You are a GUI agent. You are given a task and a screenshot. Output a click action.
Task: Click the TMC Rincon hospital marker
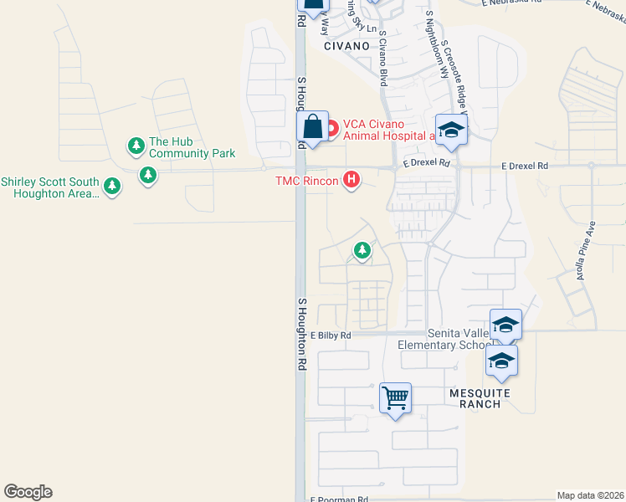[x=352, y=180]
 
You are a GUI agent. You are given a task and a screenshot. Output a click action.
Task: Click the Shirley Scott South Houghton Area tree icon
[x=111, y=186]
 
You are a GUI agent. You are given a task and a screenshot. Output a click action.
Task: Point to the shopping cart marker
[x=395, y=397]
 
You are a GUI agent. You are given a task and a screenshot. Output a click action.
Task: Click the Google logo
[x=28, y=492]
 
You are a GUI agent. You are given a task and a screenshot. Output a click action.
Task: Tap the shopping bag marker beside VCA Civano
[x=312, y=128]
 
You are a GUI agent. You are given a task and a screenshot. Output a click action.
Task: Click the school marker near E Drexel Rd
[x=450, y=129]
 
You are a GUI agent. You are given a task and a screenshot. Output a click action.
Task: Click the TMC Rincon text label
[x=307, y=181]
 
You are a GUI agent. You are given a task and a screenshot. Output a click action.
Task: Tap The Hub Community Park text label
[x=192, y=148]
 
